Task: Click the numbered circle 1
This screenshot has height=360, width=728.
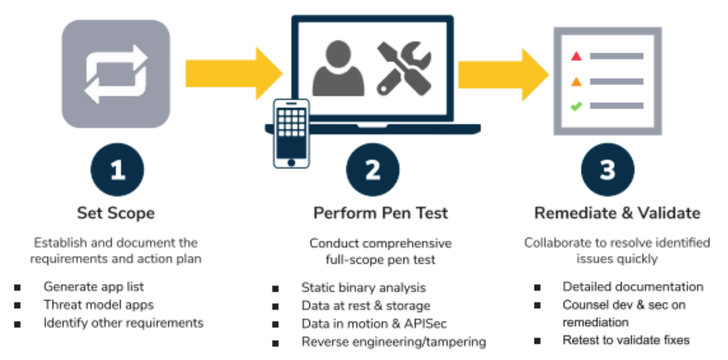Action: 117,170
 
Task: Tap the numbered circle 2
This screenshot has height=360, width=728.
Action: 373,170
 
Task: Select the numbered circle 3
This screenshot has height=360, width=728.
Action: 607,170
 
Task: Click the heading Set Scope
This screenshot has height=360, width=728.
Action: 116,213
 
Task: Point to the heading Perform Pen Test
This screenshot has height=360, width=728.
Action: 380,213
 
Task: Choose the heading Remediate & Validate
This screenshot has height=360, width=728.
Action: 617,213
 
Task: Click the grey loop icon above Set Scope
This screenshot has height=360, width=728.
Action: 116,74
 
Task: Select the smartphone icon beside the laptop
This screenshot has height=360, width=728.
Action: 291,133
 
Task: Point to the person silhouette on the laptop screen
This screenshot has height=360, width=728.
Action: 338,69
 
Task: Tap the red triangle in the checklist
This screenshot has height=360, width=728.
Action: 576,56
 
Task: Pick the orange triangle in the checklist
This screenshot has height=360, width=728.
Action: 576,82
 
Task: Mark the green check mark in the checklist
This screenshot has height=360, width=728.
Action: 576,106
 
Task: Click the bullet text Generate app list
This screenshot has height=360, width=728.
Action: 94,287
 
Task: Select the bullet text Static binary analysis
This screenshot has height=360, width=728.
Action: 363,288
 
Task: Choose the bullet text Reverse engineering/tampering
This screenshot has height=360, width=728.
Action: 394,342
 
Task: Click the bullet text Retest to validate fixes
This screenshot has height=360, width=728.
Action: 626,340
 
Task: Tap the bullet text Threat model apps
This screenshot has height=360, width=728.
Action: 99,305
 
